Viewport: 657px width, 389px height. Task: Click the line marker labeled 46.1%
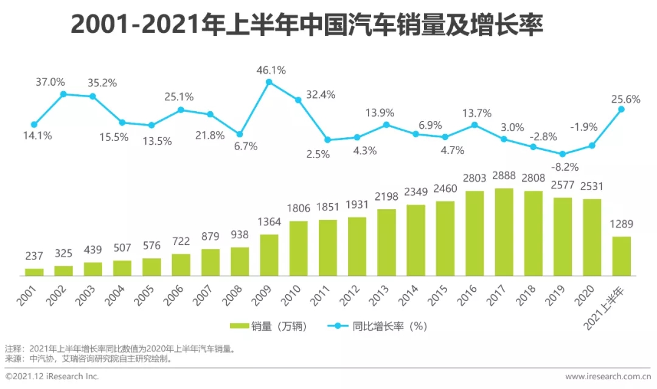point(269,81)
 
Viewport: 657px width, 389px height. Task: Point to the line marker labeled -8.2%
point(563,154)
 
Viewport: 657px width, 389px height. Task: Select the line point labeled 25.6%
point(621,109)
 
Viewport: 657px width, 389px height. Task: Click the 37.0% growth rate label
point(50,81)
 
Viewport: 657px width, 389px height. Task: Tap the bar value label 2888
point(504,177)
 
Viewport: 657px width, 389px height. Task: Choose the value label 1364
point(269,222)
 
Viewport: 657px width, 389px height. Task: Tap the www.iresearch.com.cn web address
point(608,376)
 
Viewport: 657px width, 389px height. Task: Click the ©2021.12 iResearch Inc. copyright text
point(52,376)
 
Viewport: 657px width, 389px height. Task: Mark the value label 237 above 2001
point(35,256)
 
